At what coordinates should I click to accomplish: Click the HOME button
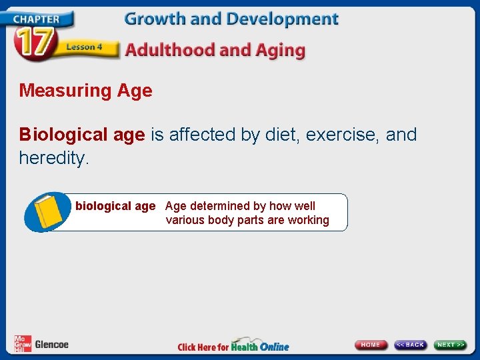click(371, 345)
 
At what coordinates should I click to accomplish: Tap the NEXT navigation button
click(451, 345)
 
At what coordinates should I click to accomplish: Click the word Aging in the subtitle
click(280, 50)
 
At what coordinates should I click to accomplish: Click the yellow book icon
click(47, 212)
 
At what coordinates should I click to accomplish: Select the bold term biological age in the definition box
click(115, 206)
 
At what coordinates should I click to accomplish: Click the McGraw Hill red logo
click(23, 344)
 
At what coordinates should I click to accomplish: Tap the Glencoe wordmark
click(51, 345)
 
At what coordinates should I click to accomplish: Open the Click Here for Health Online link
click(233, 346)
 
